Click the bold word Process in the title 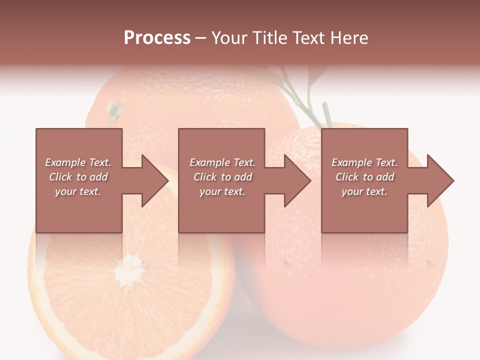click(x=157, y=38)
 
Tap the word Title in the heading click(x=269, y=38)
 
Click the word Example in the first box click(x=65, y=162)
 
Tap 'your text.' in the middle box click(x=222, y=191)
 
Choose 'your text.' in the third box click(x=364, y=191)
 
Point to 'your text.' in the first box click(x=77, y=191)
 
